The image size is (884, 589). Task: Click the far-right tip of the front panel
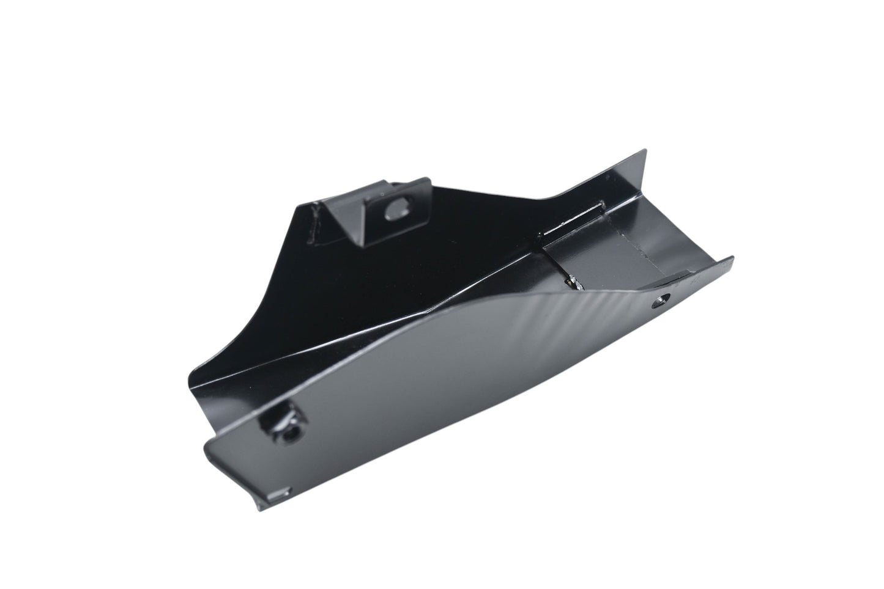(732, 260)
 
